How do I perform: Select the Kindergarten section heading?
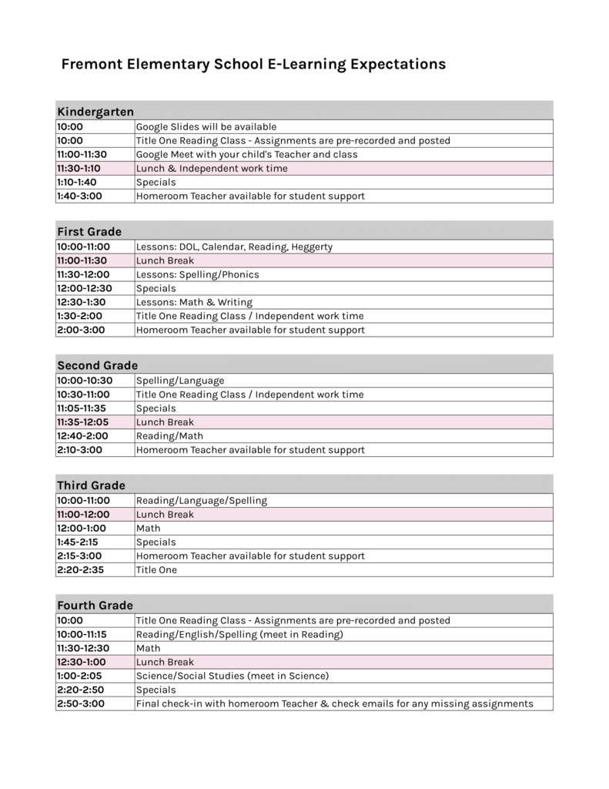click(x=95, y=112)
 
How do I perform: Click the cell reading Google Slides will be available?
click(x=206, y=126)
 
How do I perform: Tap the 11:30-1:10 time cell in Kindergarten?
click(x=79, y=168)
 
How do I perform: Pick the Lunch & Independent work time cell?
click(x=212, y=168)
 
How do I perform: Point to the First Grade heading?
click(x=89, y=231)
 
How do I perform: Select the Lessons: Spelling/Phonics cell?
click(x=198, y=274)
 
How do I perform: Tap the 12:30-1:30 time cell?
click(x=81, y=302)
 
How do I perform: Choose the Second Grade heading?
click(x=97, y=365)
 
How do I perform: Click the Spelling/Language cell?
click(x=180, y=381)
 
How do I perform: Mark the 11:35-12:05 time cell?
click(x=82, y=422)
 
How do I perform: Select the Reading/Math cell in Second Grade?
click(x=169, y=436)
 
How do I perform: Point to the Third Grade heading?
click(x=91, y=485)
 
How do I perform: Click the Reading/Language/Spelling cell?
click(x=202, y=501)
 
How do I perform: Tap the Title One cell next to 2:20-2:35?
click(x=156, y=570)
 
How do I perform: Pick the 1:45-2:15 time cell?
click(x=78, y=542)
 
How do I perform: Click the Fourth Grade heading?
click(x=95, y=606)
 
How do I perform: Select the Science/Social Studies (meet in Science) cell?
click(x=233, y=676)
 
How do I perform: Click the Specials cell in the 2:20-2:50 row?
click(x=156, y=690)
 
